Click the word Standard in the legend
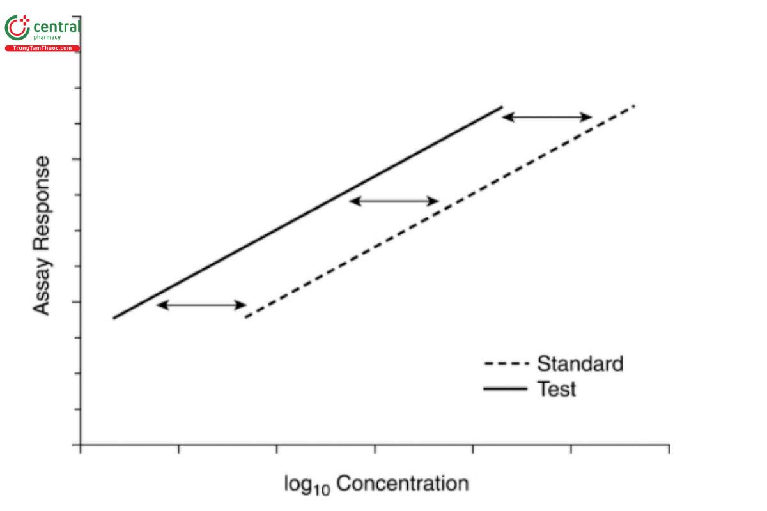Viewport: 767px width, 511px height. tap(580, 364)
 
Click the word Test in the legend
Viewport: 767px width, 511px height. tap(556, 388)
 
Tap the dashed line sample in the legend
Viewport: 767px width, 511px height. tap(507, 364)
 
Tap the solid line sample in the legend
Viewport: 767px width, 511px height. tap(507, 388)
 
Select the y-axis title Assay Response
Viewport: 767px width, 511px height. tap(42, 236)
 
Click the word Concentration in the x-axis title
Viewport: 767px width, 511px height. tap(402, 484)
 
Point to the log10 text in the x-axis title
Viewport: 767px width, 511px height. tap(307, 485)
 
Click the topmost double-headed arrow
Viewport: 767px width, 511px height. tap(546, 117)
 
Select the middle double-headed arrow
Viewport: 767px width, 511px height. tap(394, 201)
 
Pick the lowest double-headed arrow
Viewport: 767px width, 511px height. tap(201, 305)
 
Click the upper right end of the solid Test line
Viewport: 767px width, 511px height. tap(502, 107)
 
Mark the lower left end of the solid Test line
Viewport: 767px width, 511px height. tap(114, 317)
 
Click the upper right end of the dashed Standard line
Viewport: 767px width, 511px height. tap(634, 105)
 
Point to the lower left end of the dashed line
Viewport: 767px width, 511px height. tap(246, 317)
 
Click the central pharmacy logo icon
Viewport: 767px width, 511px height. tap(17, 29)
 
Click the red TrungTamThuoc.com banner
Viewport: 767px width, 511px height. tap(42, 49)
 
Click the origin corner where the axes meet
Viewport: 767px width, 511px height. tap(81, 445)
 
